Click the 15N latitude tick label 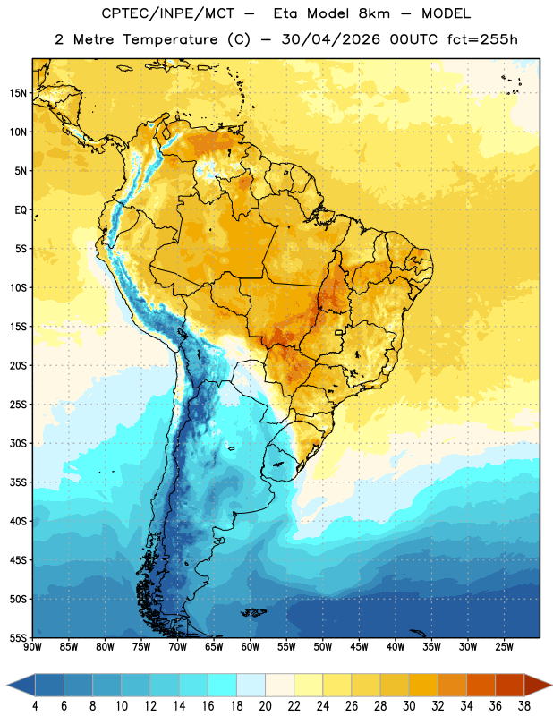[18, 93]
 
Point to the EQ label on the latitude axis [21, 210]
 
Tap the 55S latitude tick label [18, 637]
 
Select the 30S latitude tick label [18, 443]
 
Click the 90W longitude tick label [32, 647]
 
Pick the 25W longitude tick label [504, 647]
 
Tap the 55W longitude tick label [286, 647]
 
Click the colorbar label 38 [524, 706]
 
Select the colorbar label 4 [35, 706]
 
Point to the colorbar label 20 [265, 706]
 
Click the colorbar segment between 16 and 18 [222, 686]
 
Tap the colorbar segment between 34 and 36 [481, 686]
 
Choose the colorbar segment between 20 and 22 [279, 686]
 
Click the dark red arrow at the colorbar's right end [537, 686]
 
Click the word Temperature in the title [170, 39]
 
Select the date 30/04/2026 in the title [330, 39]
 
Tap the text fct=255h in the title [482, 39]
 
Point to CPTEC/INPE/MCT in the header [167, 13]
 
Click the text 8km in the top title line [374, 13]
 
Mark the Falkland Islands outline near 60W [253, 612]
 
